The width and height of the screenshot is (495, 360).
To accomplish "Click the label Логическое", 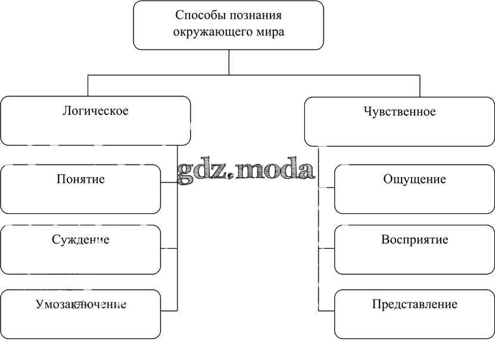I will (x=95, y=111).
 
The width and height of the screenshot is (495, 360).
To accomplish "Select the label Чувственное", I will (x=399, y=111).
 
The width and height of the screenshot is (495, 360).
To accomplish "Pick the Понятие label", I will (x=80, y=179).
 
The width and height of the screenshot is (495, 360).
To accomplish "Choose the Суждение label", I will (x=80, y=240).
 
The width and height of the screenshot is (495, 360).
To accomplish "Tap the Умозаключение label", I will (x=80, y=305).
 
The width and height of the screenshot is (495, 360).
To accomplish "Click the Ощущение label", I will (x=415, y=179).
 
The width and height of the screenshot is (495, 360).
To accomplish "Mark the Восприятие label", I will (x=415, y=240).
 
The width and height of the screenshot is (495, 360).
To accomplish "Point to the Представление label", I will (x=415, y=305).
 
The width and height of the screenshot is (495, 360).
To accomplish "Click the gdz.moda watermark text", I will (x=246, y=170).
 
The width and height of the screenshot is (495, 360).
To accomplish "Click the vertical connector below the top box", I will (x=229, y=63).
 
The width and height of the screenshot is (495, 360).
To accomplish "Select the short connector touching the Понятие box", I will (x=169, y=183).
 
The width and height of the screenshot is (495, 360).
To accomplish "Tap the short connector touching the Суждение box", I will (x=169, y=248).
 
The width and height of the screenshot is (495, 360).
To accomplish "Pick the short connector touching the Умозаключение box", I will (x=169, y=311).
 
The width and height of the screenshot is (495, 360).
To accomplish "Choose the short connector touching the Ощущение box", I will (x=326, y=188).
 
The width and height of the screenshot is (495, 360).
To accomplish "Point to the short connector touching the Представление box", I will (x=326, y=311).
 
